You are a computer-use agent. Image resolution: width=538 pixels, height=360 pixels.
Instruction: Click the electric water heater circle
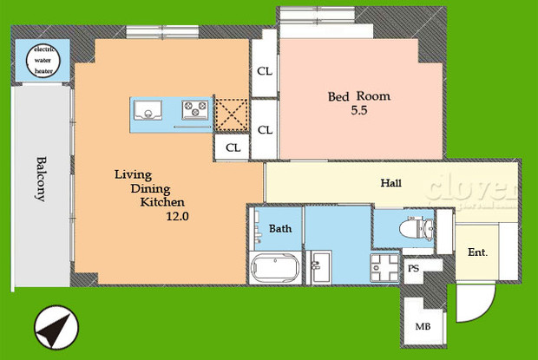pyautogui.click(x=43, y=61)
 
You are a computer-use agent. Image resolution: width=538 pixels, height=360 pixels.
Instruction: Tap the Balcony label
pyautogui.click(x=41, y=179)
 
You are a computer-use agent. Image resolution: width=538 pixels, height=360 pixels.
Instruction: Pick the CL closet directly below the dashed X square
pyautogui.click(x=233, y=147)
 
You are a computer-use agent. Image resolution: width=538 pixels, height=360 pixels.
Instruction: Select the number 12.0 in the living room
pyautogui.click(x=177, y=217)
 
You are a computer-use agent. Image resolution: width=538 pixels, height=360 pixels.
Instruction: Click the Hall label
pyautogui.click(x=390, y=184)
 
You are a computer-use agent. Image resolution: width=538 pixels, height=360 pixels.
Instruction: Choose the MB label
pyautogui.click(x=423, y=327)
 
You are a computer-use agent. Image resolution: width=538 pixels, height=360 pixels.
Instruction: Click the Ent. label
pyautogui.click(x=478, y=253)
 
